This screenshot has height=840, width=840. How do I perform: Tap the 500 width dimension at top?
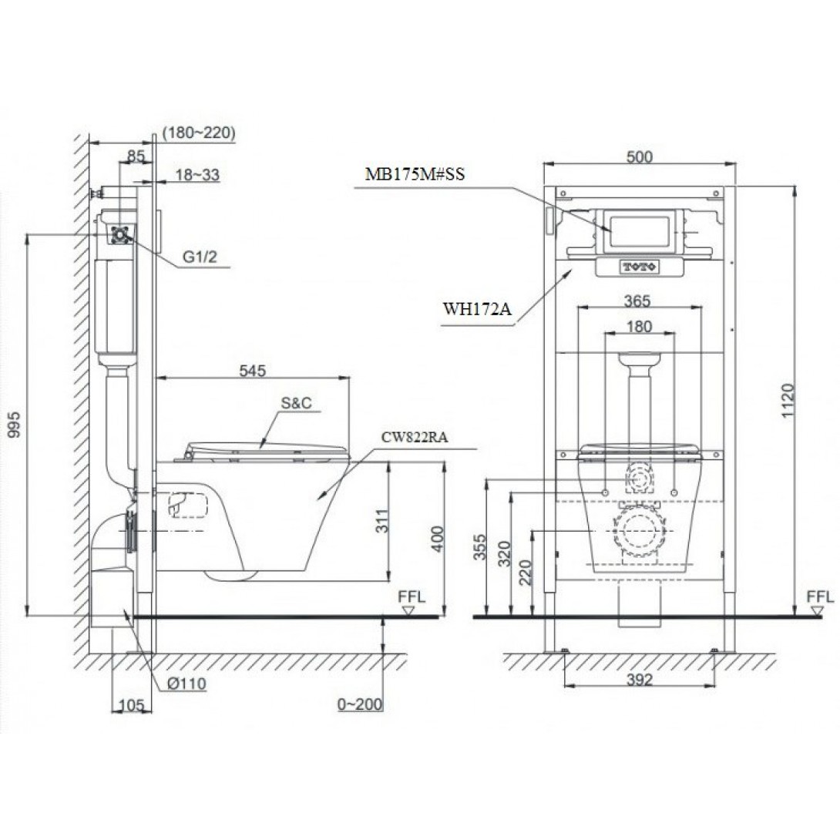(x=639, y=156)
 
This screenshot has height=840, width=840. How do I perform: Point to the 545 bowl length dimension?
(x=251, y=371)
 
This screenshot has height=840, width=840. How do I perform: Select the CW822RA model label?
(x=415, y=436)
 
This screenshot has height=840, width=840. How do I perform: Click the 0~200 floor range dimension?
(x=360, y=704)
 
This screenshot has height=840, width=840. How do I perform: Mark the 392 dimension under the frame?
(x=640, y=680)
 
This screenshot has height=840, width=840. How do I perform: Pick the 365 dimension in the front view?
(x=639, y=300)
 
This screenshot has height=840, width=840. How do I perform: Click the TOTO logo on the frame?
(x=640, y=267)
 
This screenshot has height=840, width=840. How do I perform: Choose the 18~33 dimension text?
(x=197, y=175)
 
